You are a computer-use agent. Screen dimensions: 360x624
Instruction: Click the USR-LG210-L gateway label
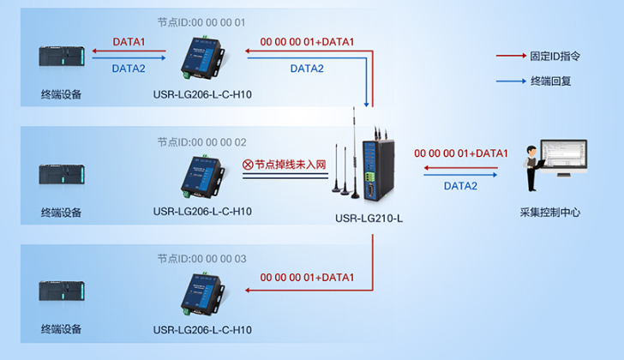pyautogui.click(x=369, y=219)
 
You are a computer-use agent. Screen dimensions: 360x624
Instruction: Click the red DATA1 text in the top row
pyautogui.click(x=129, y=41)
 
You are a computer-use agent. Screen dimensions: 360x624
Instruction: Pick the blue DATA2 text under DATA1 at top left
pyautogui.click(x=129, y=68)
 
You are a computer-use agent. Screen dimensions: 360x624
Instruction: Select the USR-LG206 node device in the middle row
pyautogui.click(x=202, y=175)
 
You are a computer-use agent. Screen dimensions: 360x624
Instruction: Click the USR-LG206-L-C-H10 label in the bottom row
pyautogui.click(x=202, y=329)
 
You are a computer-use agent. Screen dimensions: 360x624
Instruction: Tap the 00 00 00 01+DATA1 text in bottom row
pyautogui.click(x=307, y=278)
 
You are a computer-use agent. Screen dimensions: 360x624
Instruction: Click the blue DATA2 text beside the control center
pyautogui.click(x=460, y=185)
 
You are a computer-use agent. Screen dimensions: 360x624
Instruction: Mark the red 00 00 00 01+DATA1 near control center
pyautogui.click(x=461, y=153)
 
